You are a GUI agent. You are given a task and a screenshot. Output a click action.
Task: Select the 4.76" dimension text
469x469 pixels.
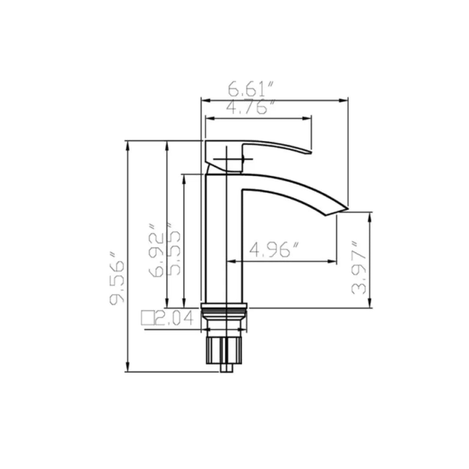[252, 107]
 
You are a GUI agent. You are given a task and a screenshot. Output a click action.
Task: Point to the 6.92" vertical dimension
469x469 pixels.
[156, 251]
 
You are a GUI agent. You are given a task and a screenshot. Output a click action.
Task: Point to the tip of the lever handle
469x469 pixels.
[310, 152]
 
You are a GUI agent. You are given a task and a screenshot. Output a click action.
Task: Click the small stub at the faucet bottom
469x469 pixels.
[226, 368]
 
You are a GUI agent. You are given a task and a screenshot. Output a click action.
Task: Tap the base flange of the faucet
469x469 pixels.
[224, 307]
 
